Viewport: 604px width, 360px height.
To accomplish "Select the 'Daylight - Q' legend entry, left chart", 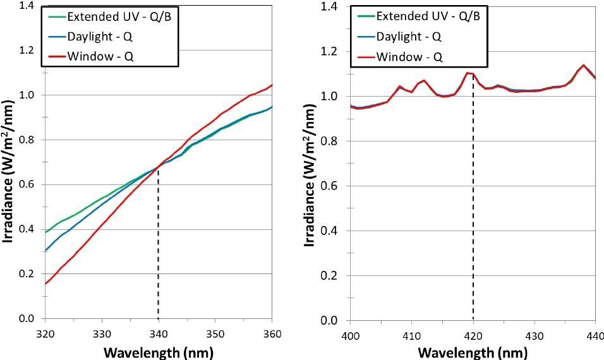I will pos(94,37).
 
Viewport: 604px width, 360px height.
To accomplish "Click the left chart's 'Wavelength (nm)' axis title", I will pos(159,351).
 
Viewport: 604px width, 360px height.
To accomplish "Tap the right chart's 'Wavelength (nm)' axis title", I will pos(473,352).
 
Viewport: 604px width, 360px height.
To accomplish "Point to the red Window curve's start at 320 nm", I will pos(46,283).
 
